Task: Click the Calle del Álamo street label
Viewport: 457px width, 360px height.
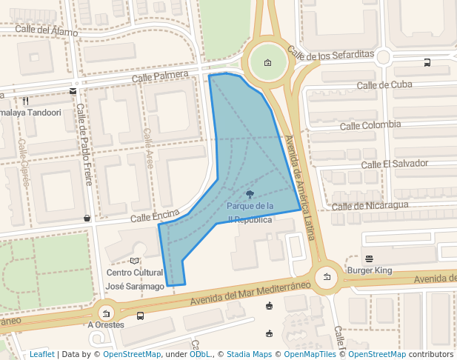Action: coord(46,31)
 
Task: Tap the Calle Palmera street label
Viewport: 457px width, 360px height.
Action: coord(161,76)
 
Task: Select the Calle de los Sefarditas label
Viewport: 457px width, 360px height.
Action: coord(330,54)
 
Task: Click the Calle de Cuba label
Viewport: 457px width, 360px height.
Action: coord(384,84)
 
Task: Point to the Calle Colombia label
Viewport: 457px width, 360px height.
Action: coord(370,125)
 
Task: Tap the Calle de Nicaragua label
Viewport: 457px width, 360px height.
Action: coord(370,205)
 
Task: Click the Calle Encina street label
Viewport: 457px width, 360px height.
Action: coord(156,216)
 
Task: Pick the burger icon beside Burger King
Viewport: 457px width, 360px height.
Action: coord(369,259)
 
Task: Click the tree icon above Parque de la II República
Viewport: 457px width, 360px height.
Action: coord(250,193)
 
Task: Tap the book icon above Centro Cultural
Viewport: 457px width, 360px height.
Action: coord(134,261)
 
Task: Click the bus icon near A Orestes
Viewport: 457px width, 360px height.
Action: coord(141,316)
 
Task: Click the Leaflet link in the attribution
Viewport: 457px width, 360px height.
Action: coord(42,354)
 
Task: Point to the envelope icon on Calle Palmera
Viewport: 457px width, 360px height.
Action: coord(73,91)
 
